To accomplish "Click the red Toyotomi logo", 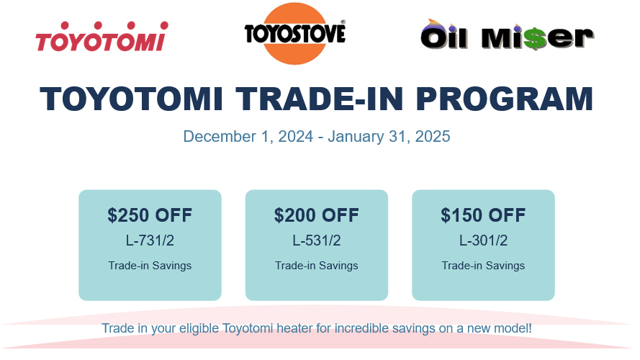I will pos(101,37).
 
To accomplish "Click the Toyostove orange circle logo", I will pos(294,34).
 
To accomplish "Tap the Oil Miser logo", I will pos(508,36).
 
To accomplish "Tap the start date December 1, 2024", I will pos(248,136).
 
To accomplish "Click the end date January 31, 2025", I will pos(389,136).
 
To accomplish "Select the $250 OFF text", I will pos(150,215).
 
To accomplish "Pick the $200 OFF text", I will pos(317,215).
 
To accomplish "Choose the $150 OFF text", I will pos(483,215).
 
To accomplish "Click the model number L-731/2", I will pos(150,240).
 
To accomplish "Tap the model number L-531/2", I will pos(317,240).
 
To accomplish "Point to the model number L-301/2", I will pos(483,240).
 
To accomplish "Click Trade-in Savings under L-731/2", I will pos(150,266).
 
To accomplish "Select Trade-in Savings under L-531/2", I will pos(317,266).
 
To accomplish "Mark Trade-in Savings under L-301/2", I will pos(483,266).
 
